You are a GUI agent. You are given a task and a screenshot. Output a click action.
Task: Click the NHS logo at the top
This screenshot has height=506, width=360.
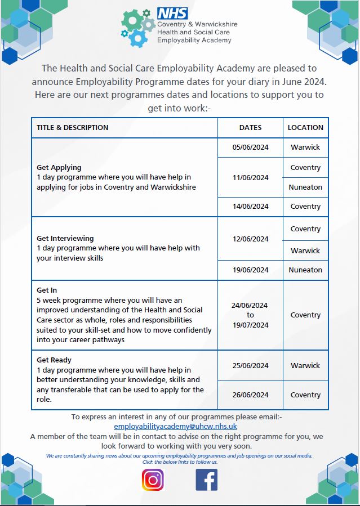[x=173, y=13]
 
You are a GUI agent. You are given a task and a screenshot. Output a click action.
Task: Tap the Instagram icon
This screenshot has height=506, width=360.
[x=152, y=480]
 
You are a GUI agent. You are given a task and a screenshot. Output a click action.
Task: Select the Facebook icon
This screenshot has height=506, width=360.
[x=206, y=480]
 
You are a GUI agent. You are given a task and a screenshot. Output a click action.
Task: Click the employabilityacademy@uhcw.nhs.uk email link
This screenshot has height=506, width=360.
[x=175, y=427]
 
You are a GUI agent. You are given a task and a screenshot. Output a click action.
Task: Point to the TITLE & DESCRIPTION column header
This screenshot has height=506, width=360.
[x=73, y=128]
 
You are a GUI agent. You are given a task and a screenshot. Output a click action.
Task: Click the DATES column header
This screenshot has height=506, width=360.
[x=250, y=128]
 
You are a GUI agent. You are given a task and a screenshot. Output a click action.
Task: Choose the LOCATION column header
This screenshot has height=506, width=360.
[x=305, y=128]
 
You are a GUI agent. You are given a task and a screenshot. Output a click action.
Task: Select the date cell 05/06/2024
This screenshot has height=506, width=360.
[x=250, y=147]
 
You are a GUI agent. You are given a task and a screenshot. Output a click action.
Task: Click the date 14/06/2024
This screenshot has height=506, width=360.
[x=250, y=207]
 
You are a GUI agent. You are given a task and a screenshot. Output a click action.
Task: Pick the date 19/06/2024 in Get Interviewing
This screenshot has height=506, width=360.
[x=250, y=270]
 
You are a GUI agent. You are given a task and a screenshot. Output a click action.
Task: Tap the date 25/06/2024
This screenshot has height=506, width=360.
[x=250, y=366]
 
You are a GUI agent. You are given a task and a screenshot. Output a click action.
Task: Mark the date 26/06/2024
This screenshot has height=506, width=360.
[x=250, y=395]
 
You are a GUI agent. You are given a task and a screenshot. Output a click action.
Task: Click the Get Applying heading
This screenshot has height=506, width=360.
[x=59, y=168]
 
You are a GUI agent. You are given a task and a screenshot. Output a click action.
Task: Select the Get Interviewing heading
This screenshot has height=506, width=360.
[x=65, y=239]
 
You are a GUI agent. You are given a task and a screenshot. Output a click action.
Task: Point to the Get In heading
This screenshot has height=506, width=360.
[x=47, y=290]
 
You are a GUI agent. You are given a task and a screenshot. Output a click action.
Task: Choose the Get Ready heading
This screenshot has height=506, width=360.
[x=54, y=360]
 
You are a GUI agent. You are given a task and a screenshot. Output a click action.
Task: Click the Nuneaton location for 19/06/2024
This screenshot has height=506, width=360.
[x=305, y=270]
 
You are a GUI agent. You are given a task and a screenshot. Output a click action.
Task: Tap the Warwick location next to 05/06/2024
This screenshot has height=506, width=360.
[x=305, y=147]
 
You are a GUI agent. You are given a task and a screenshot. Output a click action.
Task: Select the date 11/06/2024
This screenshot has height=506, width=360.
[x=250, y=177]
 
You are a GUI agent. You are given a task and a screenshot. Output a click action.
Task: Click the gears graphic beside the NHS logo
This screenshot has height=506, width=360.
[x=137, y=27]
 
